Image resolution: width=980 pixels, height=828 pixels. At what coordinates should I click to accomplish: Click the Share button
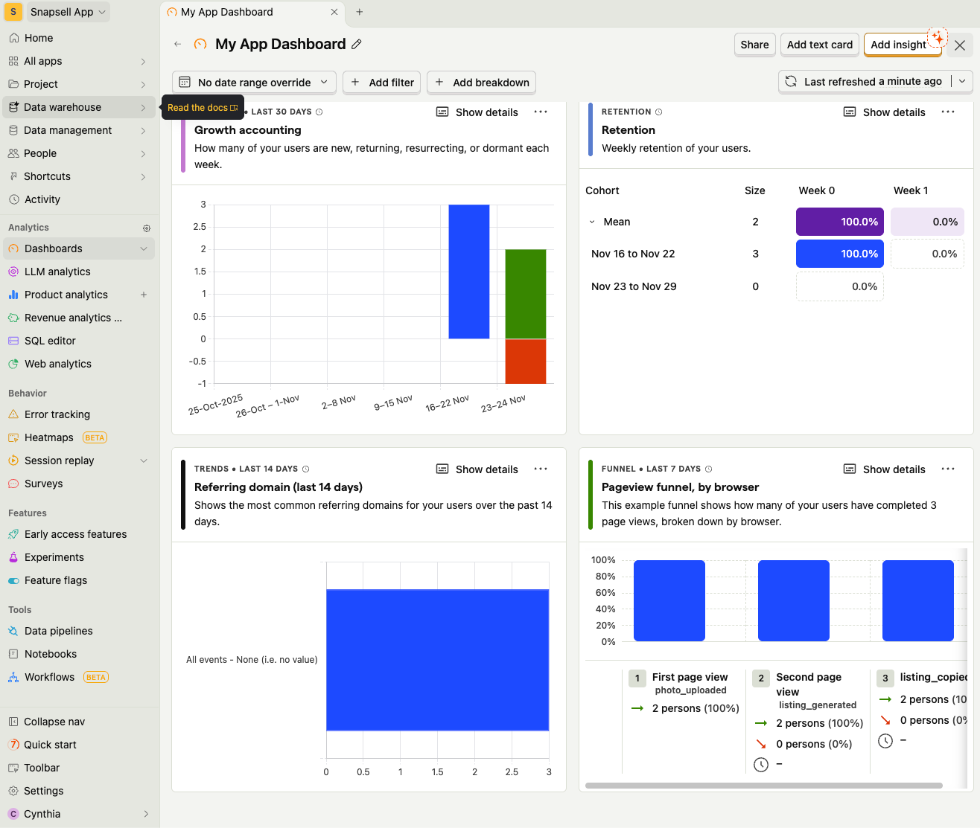coord(754,45)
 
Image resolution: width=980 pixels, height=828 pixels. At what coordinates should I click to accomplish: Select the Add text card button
coord(819,45)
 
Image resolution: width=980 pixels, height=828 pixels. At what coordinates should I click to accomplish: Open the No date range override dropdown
coord(254,83)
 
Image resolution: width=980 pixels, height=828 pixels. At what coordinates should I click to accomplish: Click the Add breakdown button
coord(481,83)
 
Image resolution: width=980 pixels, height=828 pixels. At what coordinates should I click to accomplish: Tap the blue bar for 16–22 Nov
coord(468,272)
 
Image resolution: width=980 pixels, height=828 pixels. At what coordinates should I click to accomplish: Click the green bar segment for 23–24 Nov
coord(525,294)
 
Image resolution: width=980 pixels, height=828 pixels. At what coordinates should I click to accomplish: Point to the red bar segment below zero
coord(525,362)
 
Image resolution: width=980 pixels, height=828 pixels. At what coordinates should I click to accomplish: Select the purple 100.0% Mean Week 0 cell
coord(839,222)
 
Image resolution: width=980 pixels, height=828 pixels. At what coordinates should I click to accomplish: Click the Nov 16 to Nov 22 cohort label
coord(632,254)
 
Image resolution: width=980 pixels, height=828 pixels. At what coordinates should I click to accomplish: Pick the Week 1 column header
coord(910,190)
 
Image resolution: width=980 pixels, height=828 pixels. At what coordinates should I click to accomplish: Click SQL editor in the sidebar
coord(50,341)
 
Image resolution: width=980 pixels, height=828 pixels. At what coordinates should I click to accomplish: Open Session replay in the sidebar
coord(60,460)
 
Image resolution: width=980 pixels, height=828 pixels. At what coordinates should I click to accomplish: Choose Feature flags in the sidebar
coord(56,580)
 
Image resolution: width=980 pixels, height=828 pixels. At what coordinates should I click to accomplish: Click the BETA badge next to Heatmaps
coord(95,437)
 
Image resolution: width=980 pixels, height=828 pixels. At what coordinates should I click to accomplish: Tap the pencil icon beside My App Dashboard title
coord(357,45)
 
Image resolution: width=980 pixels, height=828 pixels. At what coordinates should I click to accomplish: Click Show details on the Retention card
coord(885,112)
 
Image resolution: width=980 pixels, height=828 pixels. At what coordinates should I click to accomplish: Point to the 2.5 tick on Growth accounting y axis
coord(200,227)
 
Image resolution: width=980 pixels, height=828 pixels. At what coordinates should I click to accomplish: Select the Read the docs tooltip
coord(203,108)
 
